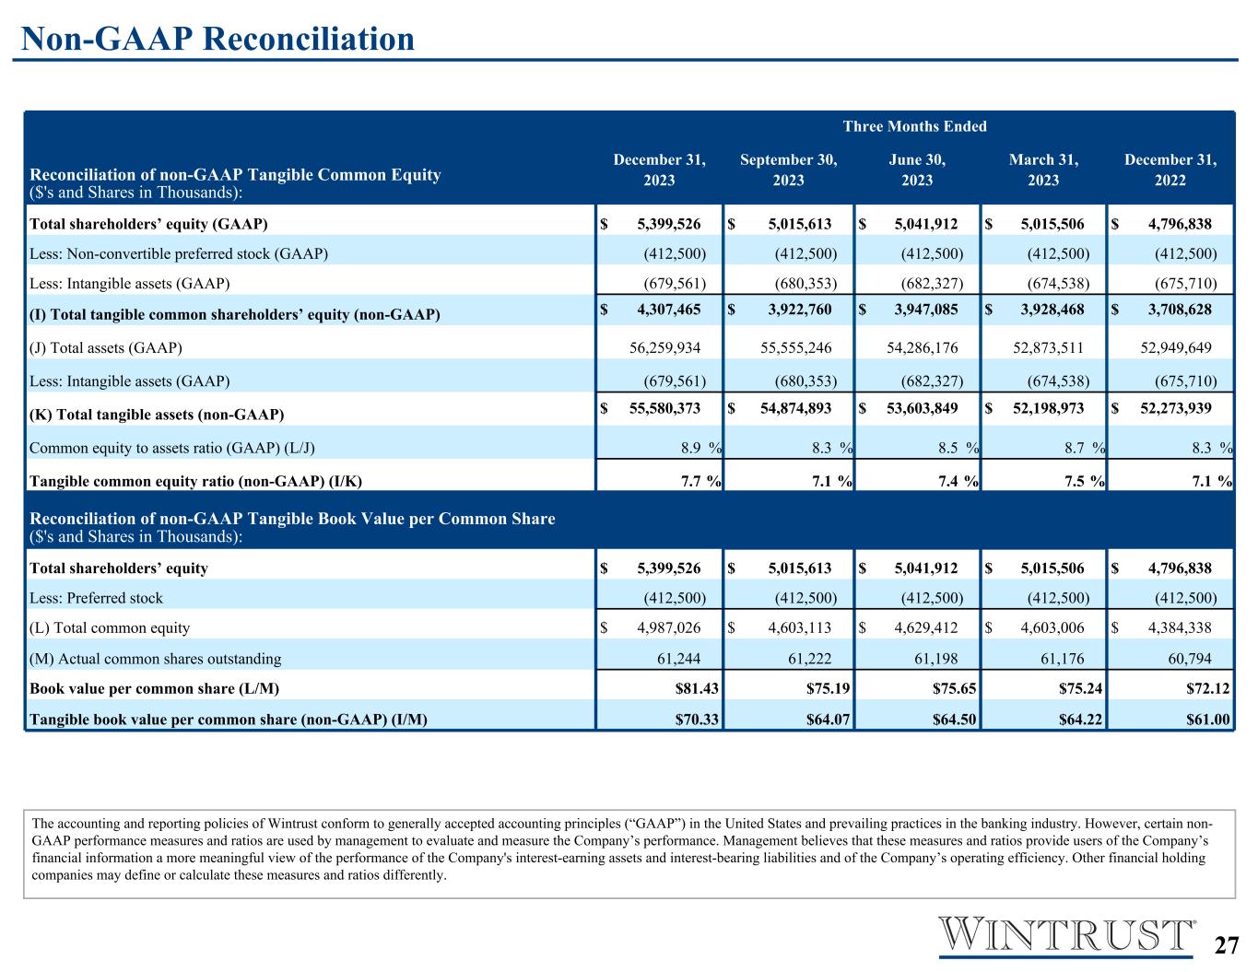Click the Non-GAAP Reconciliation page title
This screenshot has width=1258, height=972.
point(218,39)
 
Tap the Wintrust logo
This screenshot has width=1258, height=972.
point(1065,935)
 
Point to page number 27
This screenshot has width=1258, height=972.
point(1226,945)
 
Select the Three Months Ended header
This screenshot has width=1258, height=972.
point(914,126)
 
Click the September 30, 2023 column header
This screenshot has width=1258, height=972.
point(789,170)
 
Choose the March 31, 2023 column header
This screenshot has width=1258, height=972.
point(1043,170)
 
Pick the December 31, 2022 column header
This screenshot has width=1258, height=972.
point(1170,170)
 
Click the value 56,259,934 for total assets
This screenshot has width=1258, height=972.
point(664,347)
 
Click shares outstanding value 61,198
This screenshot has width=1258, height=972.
point(935,659)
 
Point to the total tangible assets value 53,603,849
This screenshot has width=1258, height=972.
point(923,408)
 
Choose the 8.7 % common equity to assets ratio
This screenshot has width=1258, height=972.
point(1085,447)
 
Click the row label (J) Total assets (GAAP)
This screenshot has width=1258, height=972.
point(105,347)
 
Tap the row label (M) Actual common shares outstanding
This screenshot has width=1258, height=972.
point(155,659)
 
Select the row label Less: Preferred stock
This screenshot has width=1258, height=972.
point(96,598)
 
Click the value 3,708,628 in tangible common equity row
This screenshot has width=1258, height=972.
point(1180,309)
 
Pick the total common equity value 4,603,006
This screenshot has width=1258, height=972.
point(1052,627)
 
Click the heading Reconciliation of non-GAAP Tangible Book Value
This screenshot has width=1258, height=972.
point(292,519)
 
